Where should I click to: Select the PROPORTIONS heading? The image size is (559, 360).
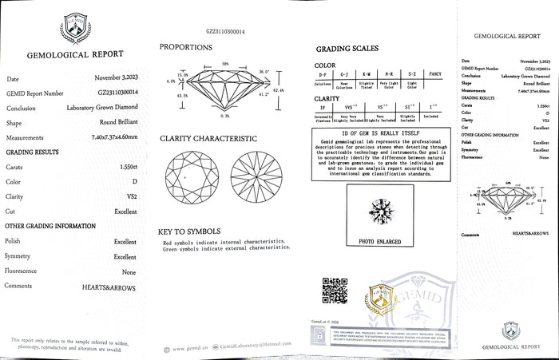click(185, 47)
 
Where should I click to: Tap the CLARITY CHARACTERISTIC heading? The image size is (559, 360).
click(208, 138)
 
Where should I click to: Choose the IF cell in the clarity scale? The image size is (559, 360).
click(323, 106)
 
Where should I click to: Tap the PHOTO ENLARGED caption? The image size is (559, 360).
click(379, 240)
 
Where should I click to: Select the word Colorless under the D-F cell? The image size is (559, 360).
click(323, 83)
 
